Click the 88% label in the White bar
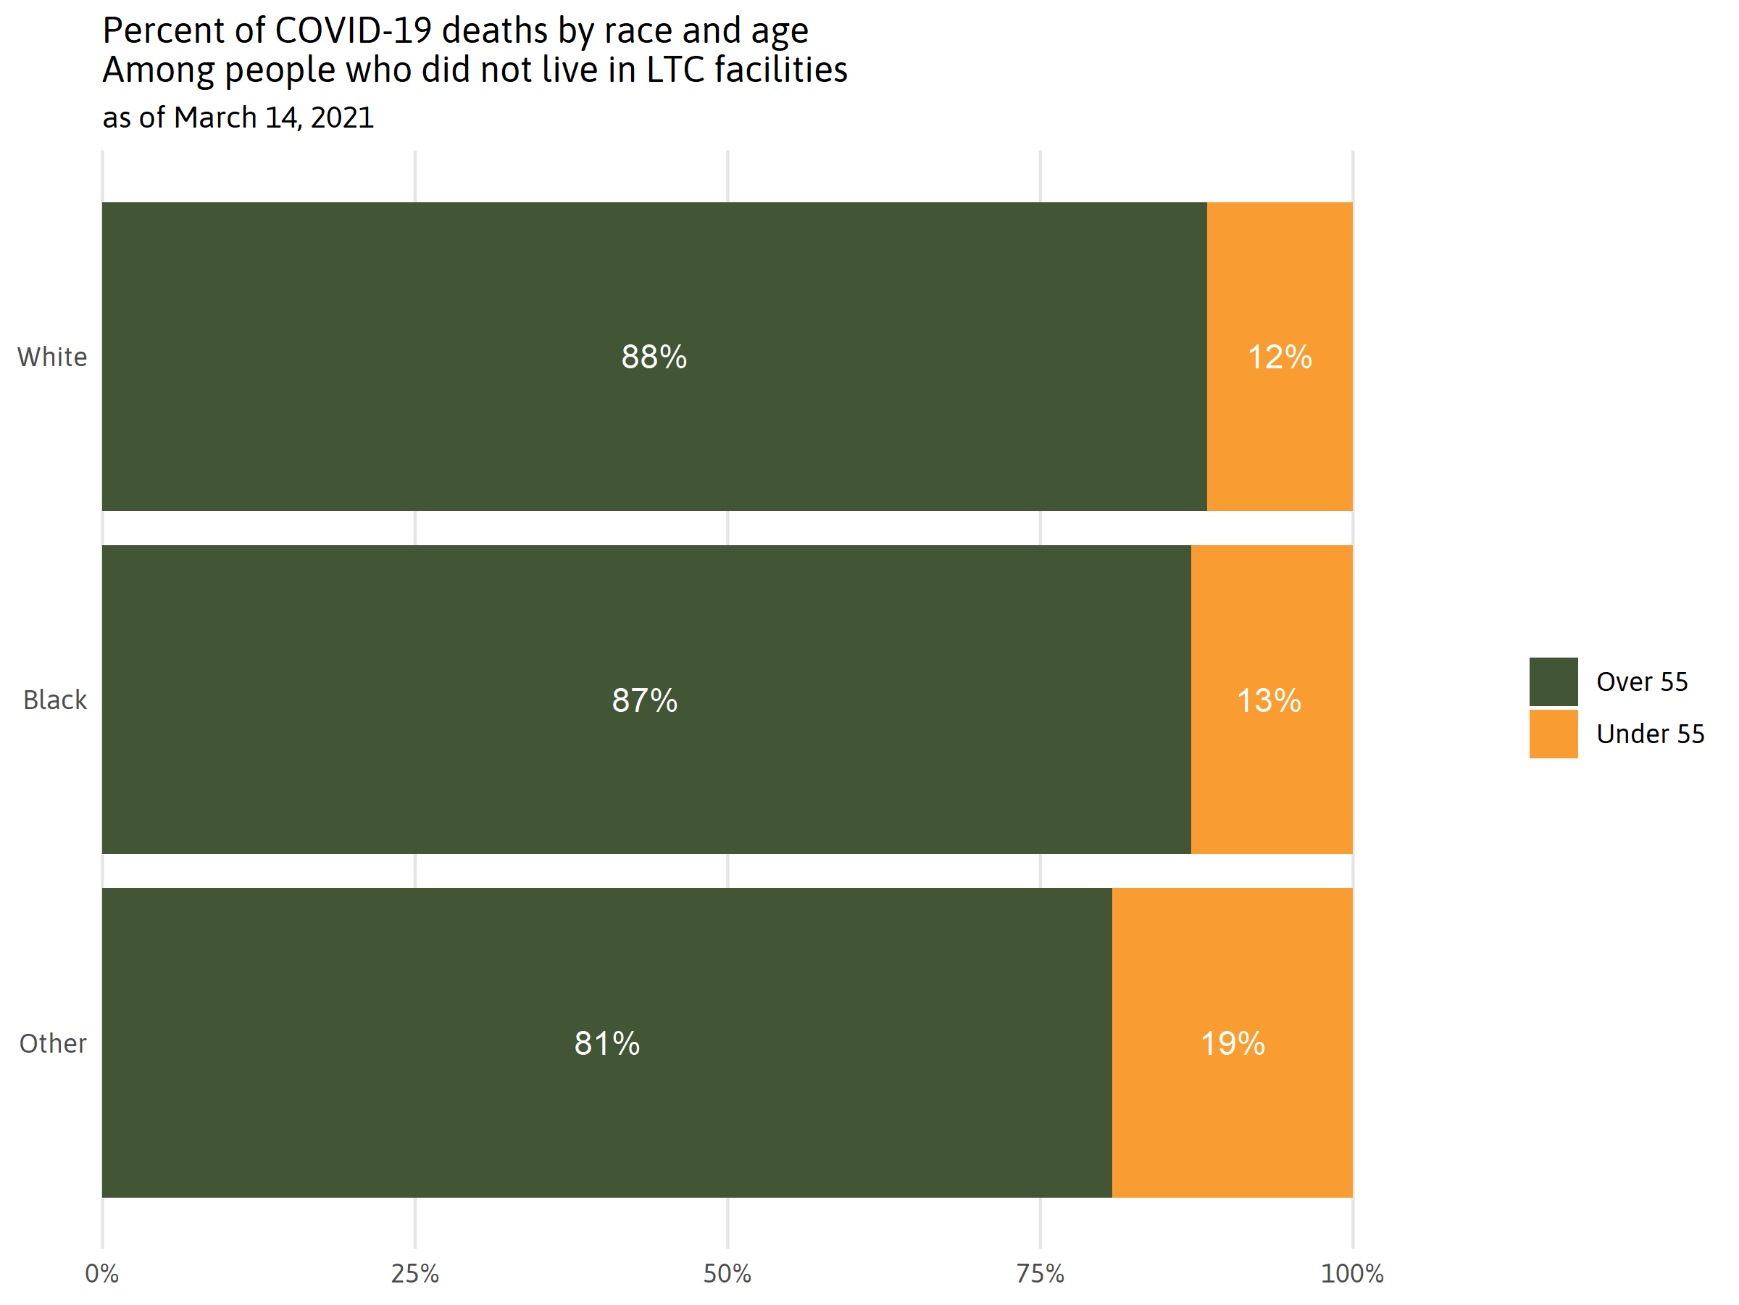click(654, 357)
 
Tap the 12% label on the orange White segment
click(1279, 357)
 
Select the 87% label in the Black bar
click(644, 700)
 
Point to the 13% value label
click(1268, 700)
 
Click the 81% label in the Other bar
click(606, 1044)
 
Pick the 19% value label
click(1232, 1044)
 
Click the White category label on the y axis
click(52, 357)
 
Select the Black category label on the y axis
click(54, 700)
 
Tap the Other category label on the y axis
click(53, 1044)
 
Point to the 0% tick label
click(101, 1274)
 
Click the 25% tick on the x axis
click(414, 1274)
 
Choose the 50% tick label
click(727, 1274)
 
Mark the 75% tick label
click(1040, 1274)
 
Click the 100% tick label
click(1352, 1274)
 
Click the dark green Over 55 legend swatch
click(1554, 681)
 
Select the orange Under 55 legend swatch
click(1554, 734)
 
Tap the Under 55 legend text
click(1650, 734)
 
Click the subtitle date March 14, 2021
click(274, 118)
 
